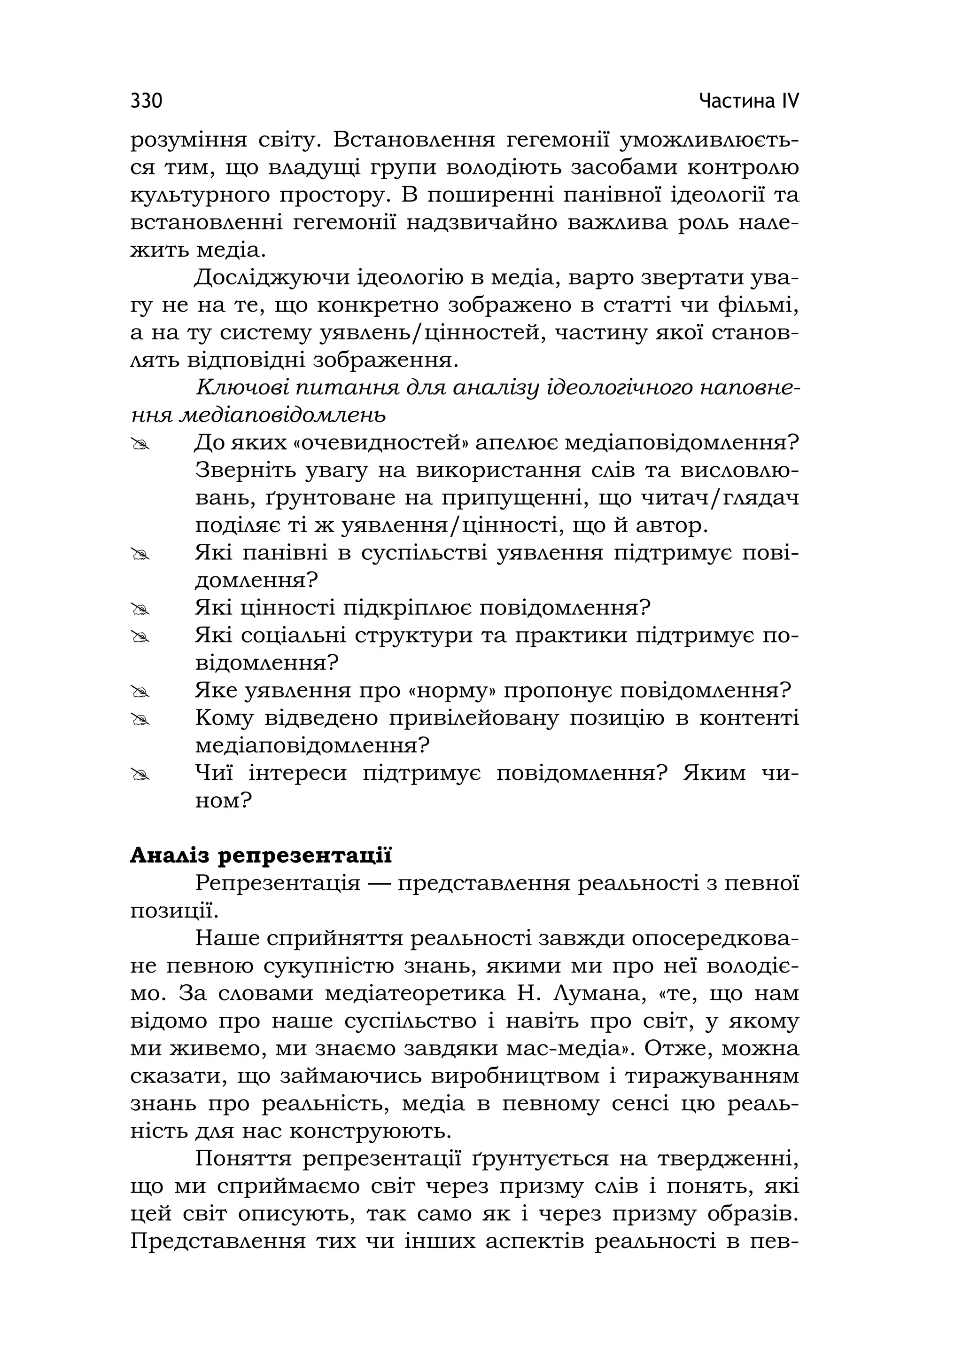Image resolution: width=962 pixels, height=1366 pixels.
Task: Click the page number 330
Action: pyautogui.click(x=146, y=101)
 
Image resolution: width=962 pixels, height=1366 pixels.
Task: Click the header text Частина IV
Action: pyautogui.click(x=749, y=101)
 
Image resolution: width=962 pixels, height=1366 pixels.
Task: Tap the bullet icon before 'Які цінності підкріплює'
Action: pyautogui.click(x=141, y=609)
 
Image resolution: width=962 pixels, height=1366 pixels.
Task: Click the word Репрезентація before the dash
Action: pyautogui.click(x=278, y=884)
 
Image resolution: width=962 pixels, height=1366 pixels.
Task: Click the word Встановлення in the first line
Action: pyautogui.click(x=414, y=141)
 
